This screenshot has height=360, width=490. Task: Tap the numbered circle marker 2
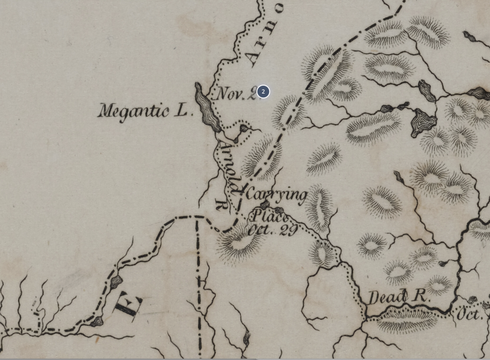pos(263,92)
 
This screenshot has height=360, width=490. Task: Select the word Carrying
pos(276,194)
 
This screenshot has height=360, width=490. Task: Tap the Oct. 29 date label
pos(273,230)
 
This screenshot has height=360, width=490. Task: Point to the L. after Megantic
pos(181,110)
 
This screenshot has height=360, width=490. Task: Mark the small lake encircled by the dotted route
pos(243,128)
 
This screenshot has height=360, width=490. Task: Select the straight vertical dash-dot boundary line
pos(198,282)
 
